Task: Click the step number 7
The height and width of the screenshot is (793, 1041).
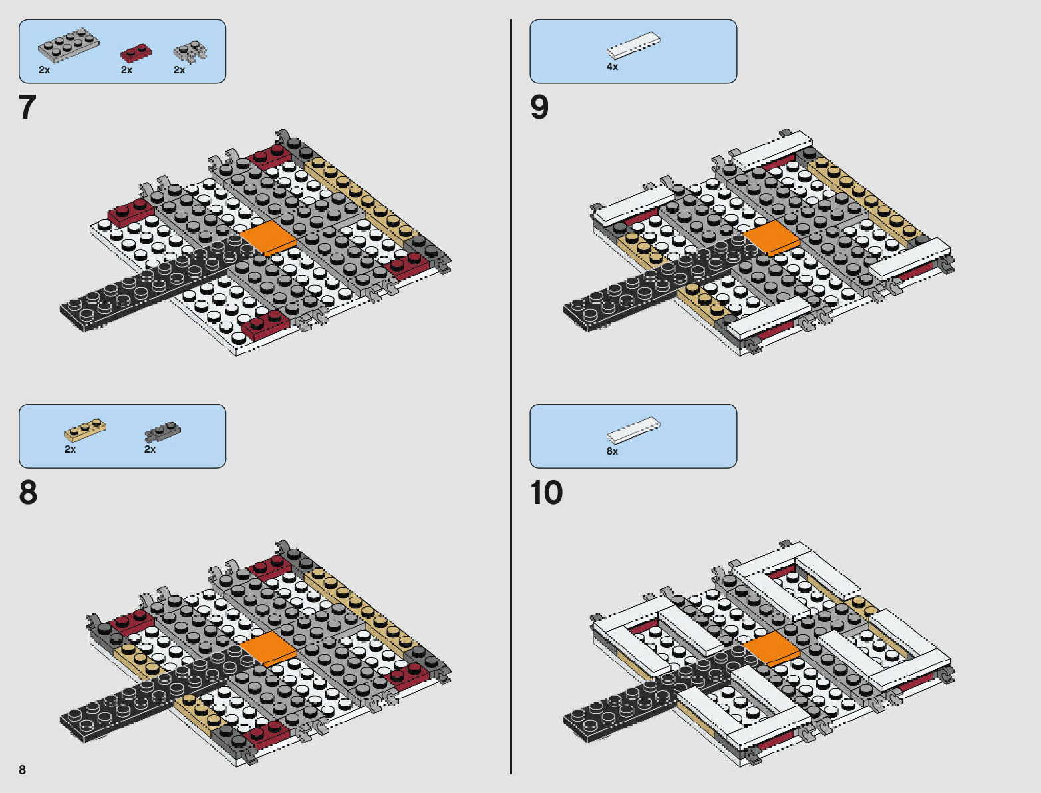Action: tap(27, 107)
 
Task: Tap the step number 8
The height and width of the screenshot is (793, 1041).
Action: tap(28, 493)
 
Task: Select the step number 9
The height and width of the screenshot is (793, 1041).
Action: tap(539, 107)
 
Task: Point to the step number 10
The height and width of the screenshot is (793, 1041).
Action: tap(546, 493)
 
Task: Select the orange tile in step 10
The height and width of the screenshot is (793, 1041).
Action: tap(772, 648)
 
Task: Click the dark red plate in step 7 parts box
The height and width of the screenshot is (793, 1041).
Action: tap(136, 53)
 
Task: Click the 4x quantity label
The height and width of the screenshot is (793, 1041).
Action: tap(612, 67)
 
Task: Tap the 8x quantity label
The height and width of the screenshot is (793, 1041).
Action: tap(612, 451)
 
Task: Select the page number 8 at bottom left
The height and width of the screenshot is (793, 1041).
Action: tap(22, 770)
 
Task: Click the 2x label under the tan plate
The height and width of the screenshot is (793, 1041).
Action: tap(70, 449)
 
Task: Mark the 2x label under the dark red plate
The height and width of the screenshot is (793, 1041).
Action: tap(126, 70)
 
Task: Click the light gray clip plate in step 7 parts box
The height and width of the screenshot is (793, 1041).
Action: tap(190, 52)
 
